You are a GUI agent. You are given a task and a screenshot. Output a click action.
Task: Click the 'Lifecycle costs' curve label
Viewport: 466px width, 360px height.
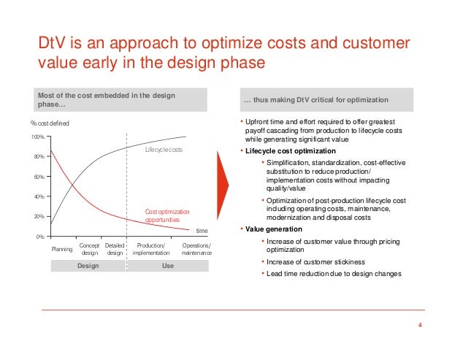[164, 150]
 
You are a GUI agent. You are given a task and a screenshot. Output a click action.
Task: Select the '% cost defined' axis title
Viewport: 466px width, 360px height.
[50, 124]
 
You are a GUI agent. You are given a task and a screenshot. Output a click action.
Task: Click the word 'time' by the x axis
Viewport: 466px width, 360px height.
[202, 230]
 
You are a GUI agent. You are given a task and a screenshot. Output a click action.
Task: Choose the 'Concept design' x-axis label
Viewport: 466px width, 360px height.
[89, 250]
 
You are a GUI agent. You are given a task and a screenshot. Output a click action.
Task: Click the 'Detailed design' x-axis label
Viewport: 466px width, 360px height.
[115, 250]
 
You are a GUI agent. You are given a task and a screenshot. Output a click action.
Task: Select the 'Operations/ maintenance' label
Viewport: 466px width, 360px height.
[196, 250]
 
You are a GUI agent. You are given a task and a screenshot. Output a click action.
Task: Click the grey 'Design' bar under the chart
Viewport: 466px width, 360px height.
[88, 267]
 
